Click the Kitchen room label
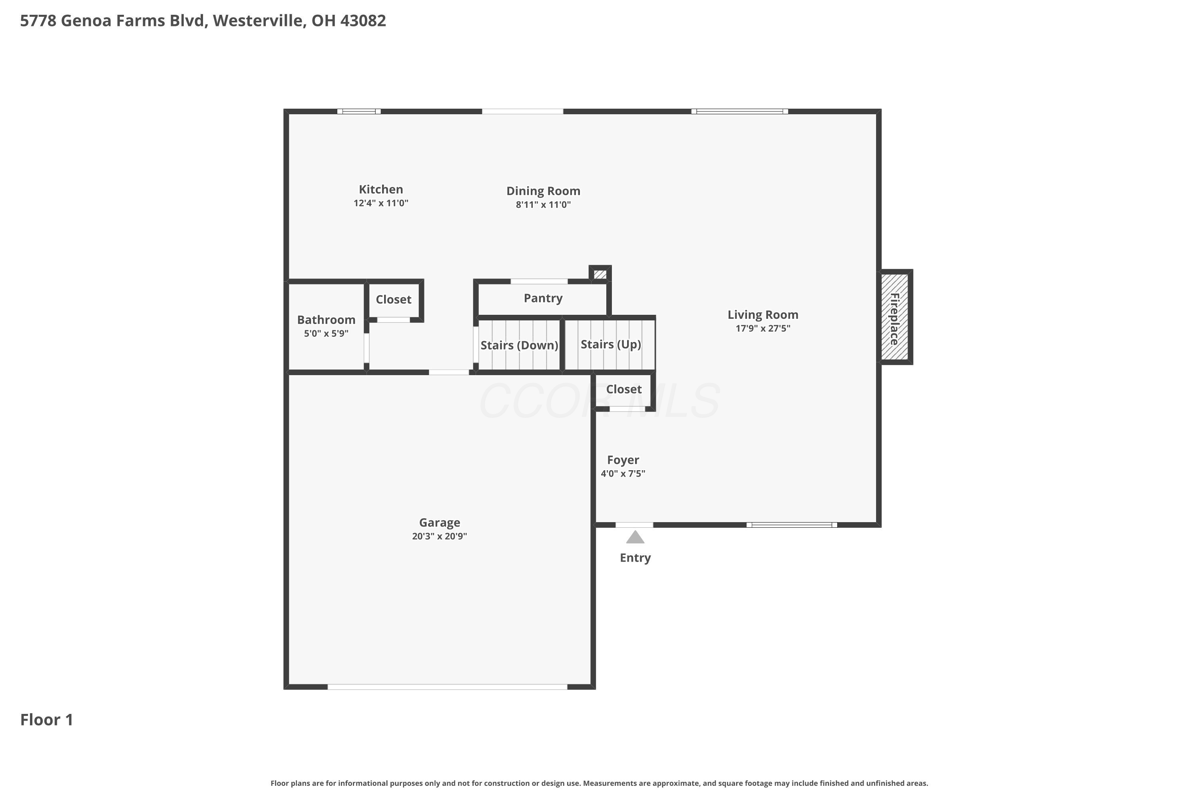click(x=381, y=189)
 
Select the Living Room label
click(x=763, y=315)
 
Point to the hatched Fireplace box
click(x=895, y=317)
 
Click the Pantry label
click(x=543, y=298)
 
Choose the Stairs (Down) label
click(x=519, y=346)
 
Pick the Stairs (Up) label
click(x=611, y=344)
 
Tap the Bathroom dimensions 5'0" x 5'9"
click(x=326, y=334)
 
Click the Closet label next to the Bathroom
click(x=394, y=300)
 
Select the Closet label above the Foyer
click(x=624, y=389)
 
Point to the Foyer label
click(x=623, y=460)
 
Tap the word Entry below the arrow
click(x=635, y=558)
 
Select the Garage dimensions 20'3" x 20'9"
click(x=439, y=536)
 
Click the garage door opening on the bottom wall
click(x=447, y=687)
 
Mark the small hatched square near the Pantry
click(x=600, y=274)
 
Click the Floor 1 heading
click(x=47, y=720)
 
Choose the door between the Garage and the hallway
click(x=448, y=372)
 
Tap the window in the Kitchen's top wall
click(x=359, y=111)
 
